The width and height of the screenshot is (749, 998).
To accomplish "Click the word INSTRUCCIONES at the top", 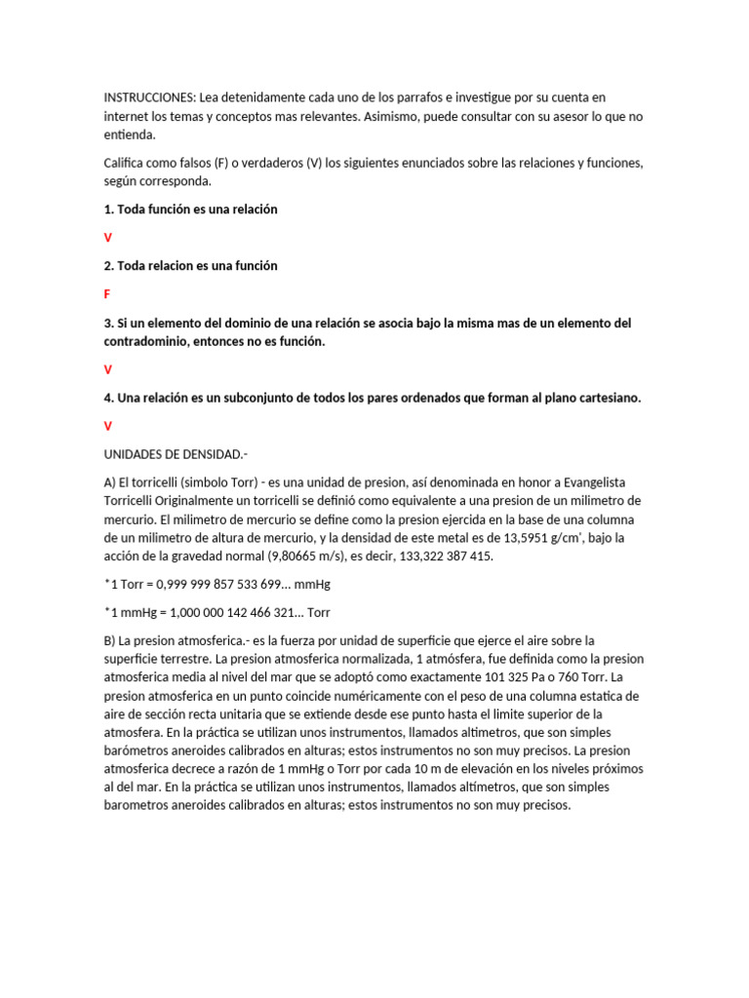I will [149, 97].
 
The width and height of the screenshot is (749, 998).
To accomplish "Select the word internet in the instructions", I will [129, 116].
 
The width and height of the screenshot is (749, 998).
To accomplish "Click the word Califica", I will [126, 163].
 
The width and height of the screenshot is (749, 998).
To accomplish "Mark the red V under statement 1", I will [108, 238].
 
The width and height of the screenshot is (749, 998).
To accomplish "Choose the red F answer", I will [107, 293].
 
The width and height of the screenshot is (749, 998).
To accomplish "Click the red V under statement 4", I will [108, 426].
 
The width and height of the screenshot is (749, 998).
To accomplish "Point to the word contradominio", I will [150, 341].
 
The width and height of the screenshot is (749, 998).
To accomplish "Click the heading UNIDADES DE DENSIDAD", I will [176, 454].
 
